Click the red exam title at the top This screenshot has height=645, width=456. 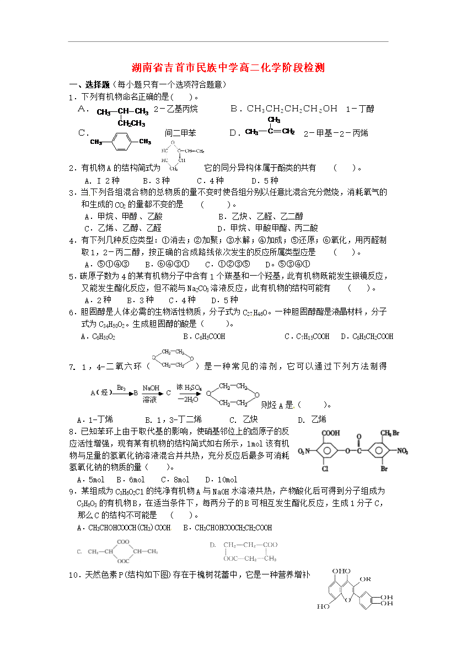tap(228, 68)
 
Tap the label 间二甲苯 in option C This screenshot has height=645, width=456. tap(180, 133)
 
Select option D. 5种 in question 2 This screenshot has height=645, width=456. tap(265, 180)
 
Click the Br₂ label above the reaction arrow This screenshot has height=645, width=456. tap(121, 388)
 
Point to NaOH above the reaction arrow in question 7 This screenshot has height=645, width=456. tap(151, 388)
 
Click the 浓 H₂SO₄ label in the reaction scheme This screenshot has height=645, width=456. tap(189, 388)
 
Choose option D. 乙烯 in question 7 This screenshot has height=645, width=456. tap(312, 419)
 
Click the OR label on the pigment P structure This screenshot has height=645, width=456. tap(364, 579)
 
